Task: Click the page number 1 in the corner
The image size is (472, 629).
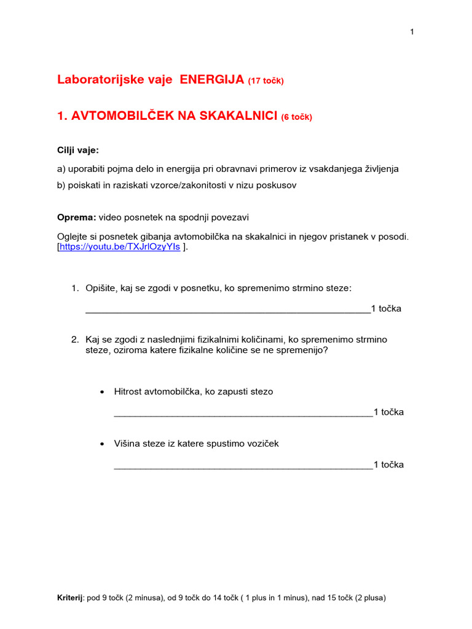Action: tap(412, 32)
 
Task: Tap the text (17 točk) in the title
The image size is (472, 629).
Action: tap(266, 80)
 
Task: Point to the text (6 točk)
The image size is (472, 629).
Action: tap(297, 117)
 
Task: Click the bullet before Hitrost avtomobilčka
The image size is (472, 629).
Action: tap(101, 392)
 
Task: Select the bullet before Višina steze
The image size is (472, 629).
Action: tap(101, 444)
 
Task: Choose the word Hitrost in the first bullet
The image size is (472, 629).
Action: tap(127, 391)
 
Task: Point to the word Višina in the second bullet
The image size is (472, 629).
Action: tap(127, 443)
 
